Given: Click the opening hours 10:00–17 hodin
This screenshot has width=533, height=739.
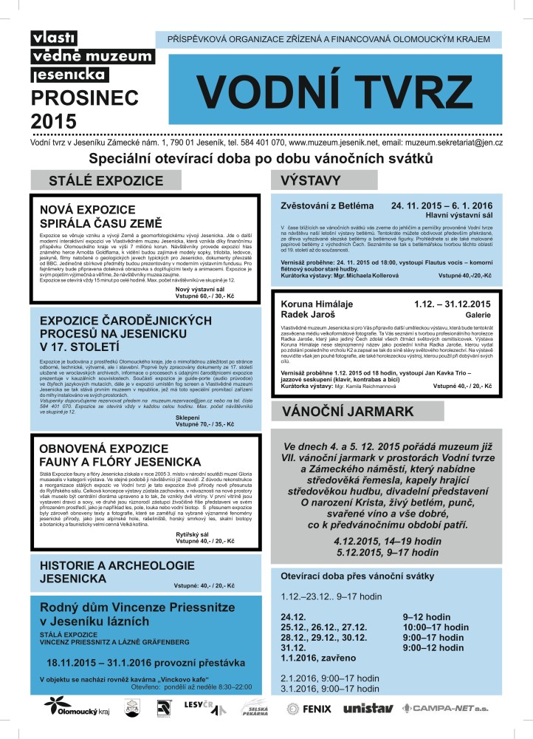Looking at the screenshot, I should pos(436,627).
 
